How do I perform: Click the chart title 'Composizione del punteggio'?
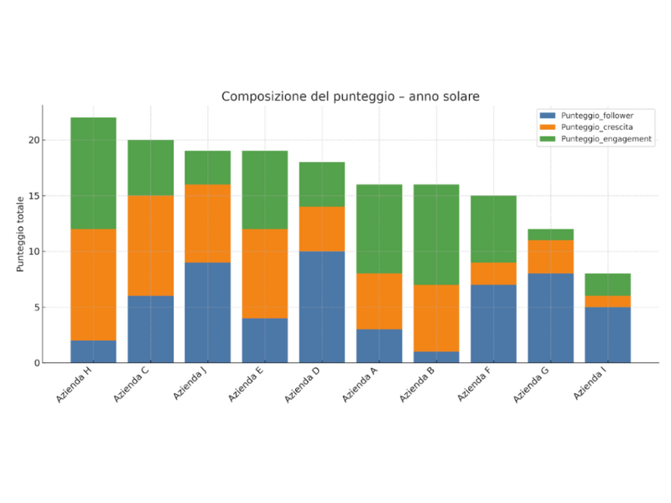(350, 97)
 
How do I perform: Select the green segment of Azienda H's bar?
(93, 173)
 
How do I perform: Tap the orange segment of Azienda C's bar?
(150, 246)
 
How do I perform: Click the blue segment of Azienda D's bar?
(322, 307)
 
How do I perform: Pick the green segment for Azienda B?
(436, 234)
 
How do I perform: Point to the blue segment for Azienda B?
(436, 357)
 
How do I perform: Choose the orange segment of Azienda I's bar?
(608, 301)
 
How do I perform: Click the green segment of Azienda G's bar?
(551, 234)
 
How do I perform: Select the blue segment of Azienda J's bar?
(208, 313)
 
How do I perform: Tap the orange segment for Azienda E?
(265, 273)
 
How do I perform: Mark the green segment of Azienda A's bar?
(379, 229)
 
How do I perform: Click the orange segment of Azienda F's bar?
(494, 273)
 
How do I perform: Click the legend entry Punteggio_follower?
(595, 115)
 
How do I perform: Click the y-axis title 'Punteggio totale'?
(20, 234)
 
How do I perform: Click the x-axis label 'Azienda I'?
(591, 386)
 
